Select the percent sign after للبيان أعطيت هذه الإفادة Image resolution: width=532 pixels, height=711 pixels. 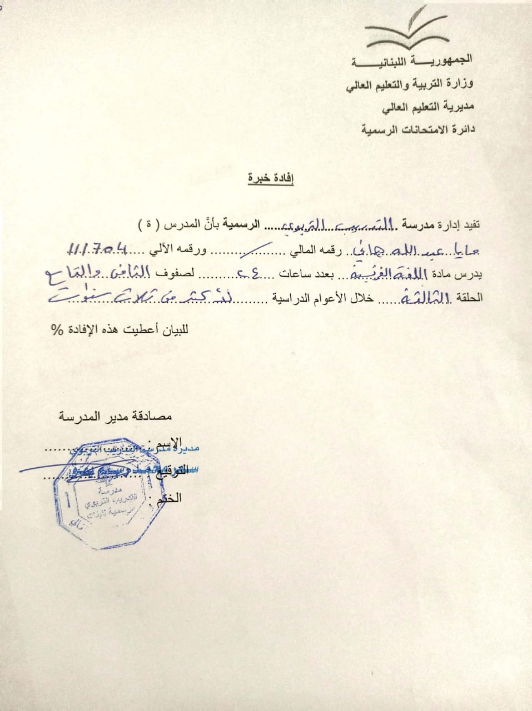point(57,329)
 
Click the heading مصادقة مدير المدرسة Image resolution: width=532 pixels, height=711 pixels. point(116,416)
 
